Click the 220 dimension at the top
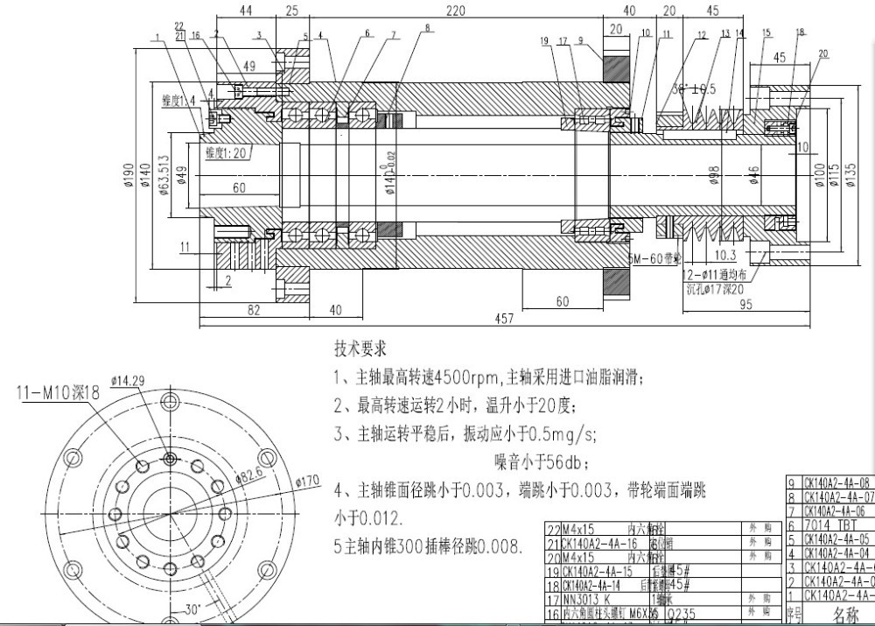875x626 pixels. (x=454, y=11)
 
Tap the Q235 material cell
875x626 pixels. (x=683, y=615)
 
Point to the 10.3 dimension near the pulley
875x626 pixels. (x=726, y=255)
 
